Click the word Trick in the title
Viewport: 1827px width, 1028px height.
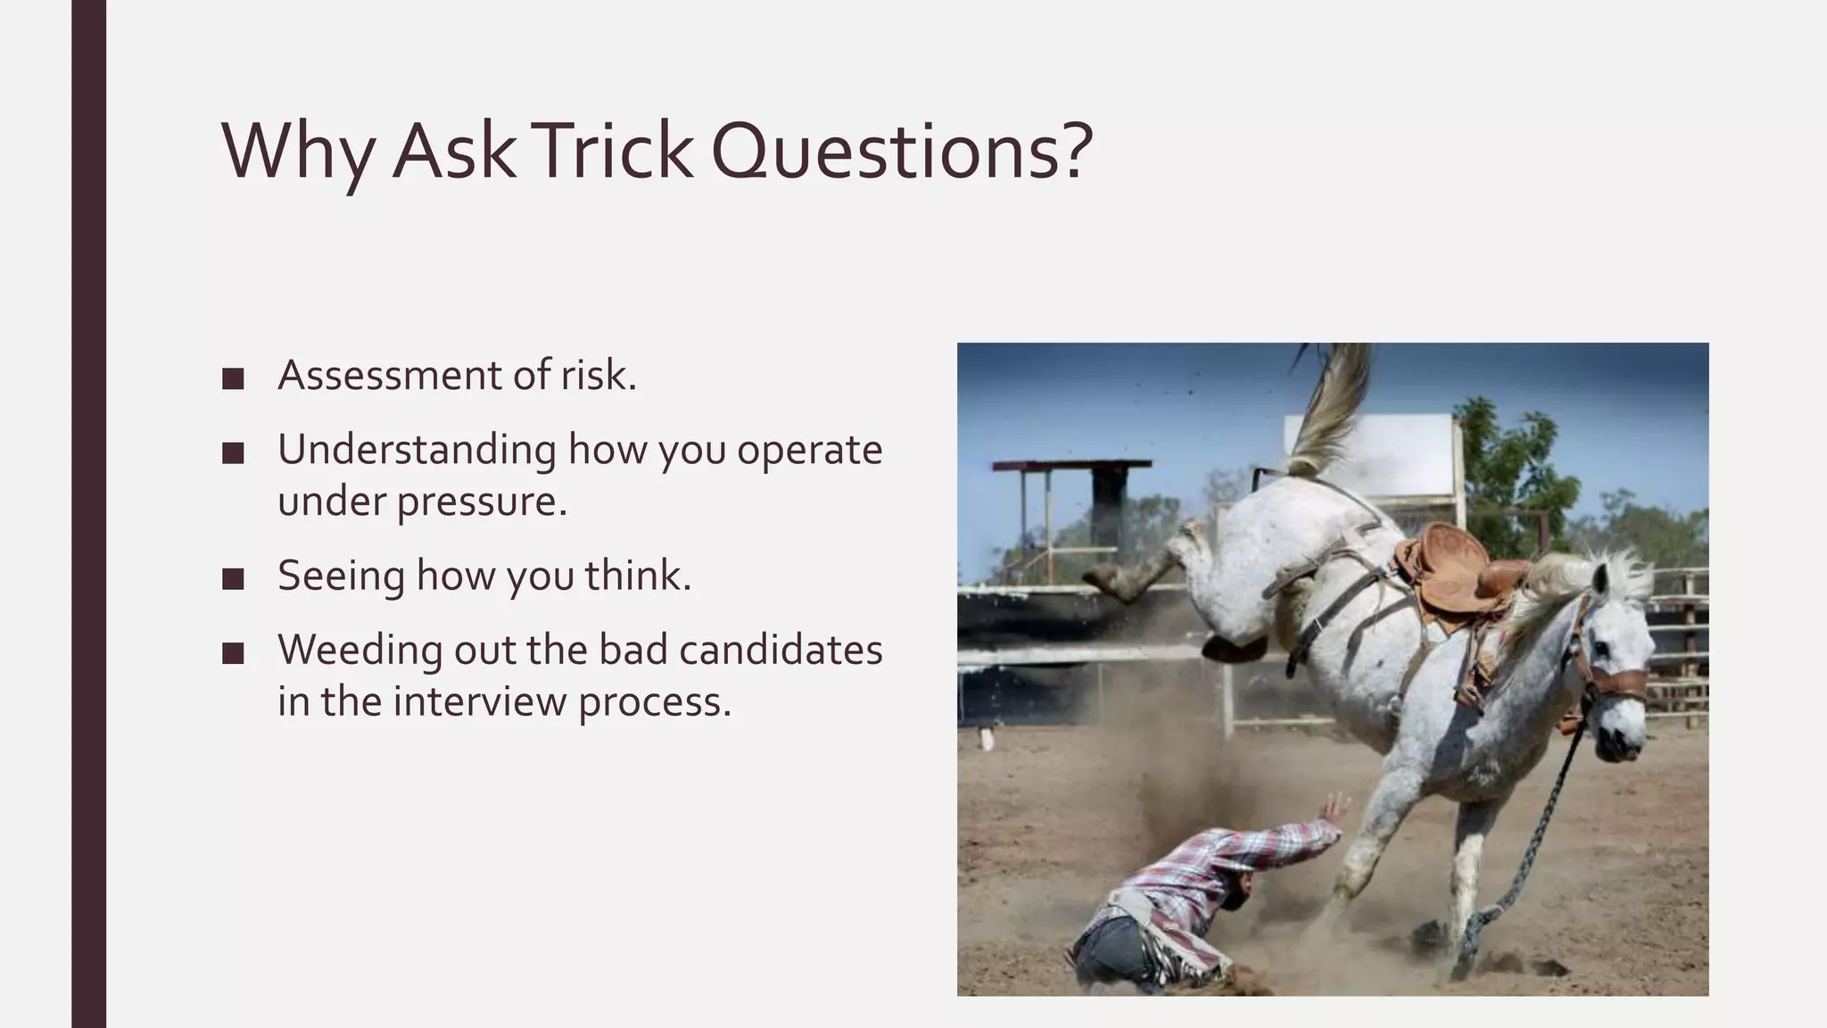coord(614,150)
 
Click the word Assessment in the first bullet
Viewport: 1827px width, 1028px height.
coord(389,376)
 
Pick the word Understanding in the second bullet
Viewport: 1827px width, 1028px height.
coord(417,450)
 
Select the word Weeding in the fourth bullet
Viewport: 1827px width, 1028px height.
coord(360,650)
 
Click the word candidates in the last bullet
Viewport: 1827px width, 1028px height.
coord(781,650)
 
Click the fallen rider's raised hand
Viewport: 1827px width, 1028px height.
coord(1335,809)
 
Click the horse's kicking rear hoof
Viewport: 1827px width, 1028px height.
coord(1106,580)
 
